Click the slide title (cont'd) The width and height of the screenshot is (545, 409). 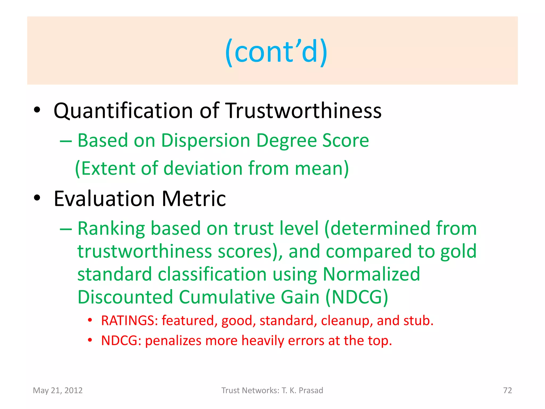tap(276, 51)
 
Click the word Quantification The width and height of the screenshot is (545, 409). tap(123, 111)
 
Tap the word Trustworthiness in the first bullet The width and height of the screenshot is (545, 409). tap(304, 111)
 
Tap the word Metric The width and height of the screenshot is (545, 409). tap(194, 199)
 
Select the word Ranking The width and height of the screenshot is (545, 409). tap(111, 228)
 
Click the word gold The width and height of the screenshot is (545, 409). tap(458, 251)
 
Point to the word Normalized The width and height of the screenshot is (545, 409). tap(371, 274)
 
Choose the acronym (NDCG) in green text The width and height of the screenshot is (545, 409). tap(357, 297)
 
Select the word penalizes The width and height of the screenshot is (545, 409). tap(173, 341)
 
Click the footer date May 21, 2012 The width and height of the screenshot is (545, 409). tap(58, 390)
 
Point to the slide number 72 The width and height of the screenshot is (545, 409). tap(507, 390)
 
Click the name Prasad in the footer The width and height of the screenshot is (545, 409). tap(311, 390)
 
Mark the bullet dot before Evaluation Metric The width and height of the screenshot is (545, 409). tap(37, 198)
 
